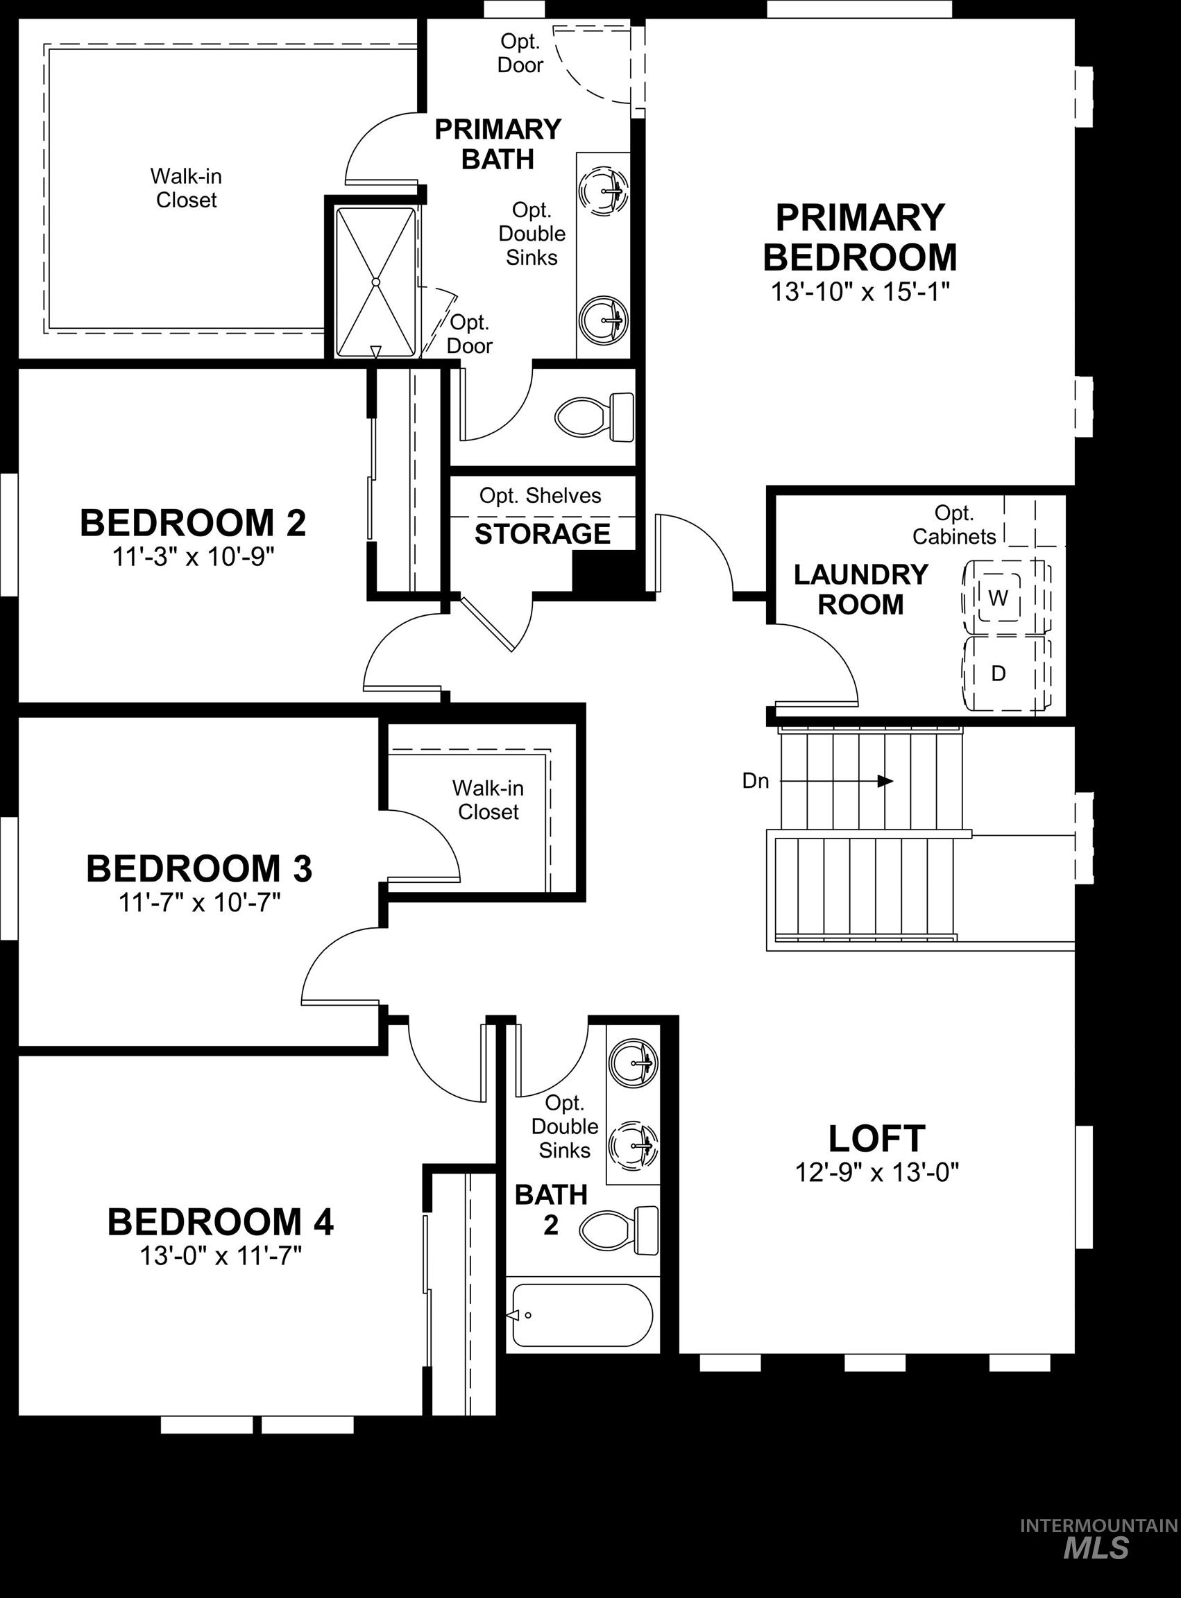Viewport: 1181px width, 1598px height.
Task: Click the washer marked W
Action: (999, 596)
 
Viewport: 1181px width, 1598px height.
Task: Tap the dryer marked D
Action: (999, 673)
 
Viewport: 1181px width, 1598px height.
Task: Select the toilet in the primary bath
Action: (595, 418)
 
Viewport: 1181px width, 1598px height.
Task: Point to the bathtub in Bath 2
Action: (581, 1315)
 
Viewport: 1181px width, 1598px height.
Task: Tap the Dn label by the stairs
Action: (756, 781)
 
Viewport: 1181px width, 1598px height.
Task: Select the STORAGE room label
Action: (543, 534)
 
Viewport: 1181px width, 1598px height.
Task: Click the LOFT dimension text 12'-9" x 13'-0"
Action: (876, 1173)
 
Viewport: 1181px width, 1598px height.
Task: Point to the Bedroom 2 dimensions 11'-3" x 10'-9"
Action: (193, 557)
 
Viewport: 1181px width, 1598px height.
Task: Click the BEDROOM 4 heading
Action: (220, 1222)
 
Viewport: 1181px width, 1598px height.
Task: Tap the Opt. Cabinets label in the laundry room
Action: (953, 524)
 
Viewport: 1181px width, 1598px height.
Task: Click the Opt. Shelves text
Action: (540, 495)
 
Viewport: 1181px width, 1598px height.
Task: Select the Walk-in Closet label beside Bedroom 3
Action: (488, 800)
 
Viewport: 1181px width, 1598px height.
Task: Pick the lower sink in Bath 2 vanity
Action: (634, 1144)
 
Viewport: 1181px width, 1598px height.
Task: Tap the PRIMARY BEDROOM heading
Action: (859, 237)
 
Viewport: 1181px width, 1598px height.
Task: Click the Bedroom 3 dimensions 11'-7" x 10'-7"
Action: (199, 902)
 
